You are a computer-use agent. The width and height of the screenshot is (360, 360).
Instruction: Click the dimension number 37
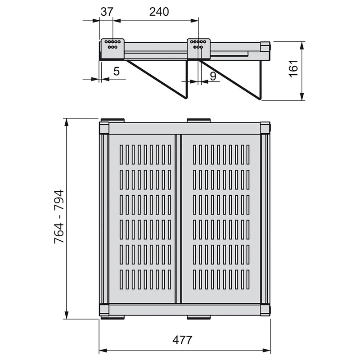coord(107,12)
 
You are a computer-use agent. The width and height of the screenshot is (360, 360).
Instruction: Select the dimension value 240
coord(159,12)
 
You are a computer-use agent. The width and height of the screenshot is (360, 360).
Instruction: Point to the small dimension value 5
coord(116,71)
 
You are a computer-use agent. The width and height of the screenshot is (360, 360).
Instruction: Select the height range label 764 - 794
coord(59,217)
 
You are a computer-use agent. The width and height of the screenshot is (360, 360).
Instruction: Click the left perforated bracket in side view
coord(112,48)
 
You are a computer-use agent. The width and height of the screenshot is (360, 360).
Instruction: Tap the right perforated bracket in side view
coord(198,48)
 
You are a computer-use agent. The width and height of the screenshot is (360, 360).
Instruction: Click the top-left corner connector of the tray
coord(104,128)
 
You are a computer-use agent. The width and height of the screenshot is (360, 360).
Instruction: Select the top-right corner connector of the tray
coord(265,128)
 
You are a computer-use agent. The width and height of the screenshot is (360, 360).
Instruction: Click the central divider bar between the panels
coord(178,218)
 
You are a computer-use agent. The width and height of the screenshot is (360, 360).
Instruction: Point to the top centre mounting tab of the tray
coord(198,120)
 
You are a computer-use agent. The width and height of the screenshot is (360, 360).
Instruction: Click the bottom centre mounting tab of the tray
coord(198,317)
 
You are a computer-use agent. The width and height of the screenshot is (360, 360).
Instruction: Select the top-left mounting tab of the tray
coord(112,120)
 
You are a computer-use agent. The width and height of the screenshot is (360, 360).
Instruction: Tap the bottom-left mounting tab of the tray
coord(112,317)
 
